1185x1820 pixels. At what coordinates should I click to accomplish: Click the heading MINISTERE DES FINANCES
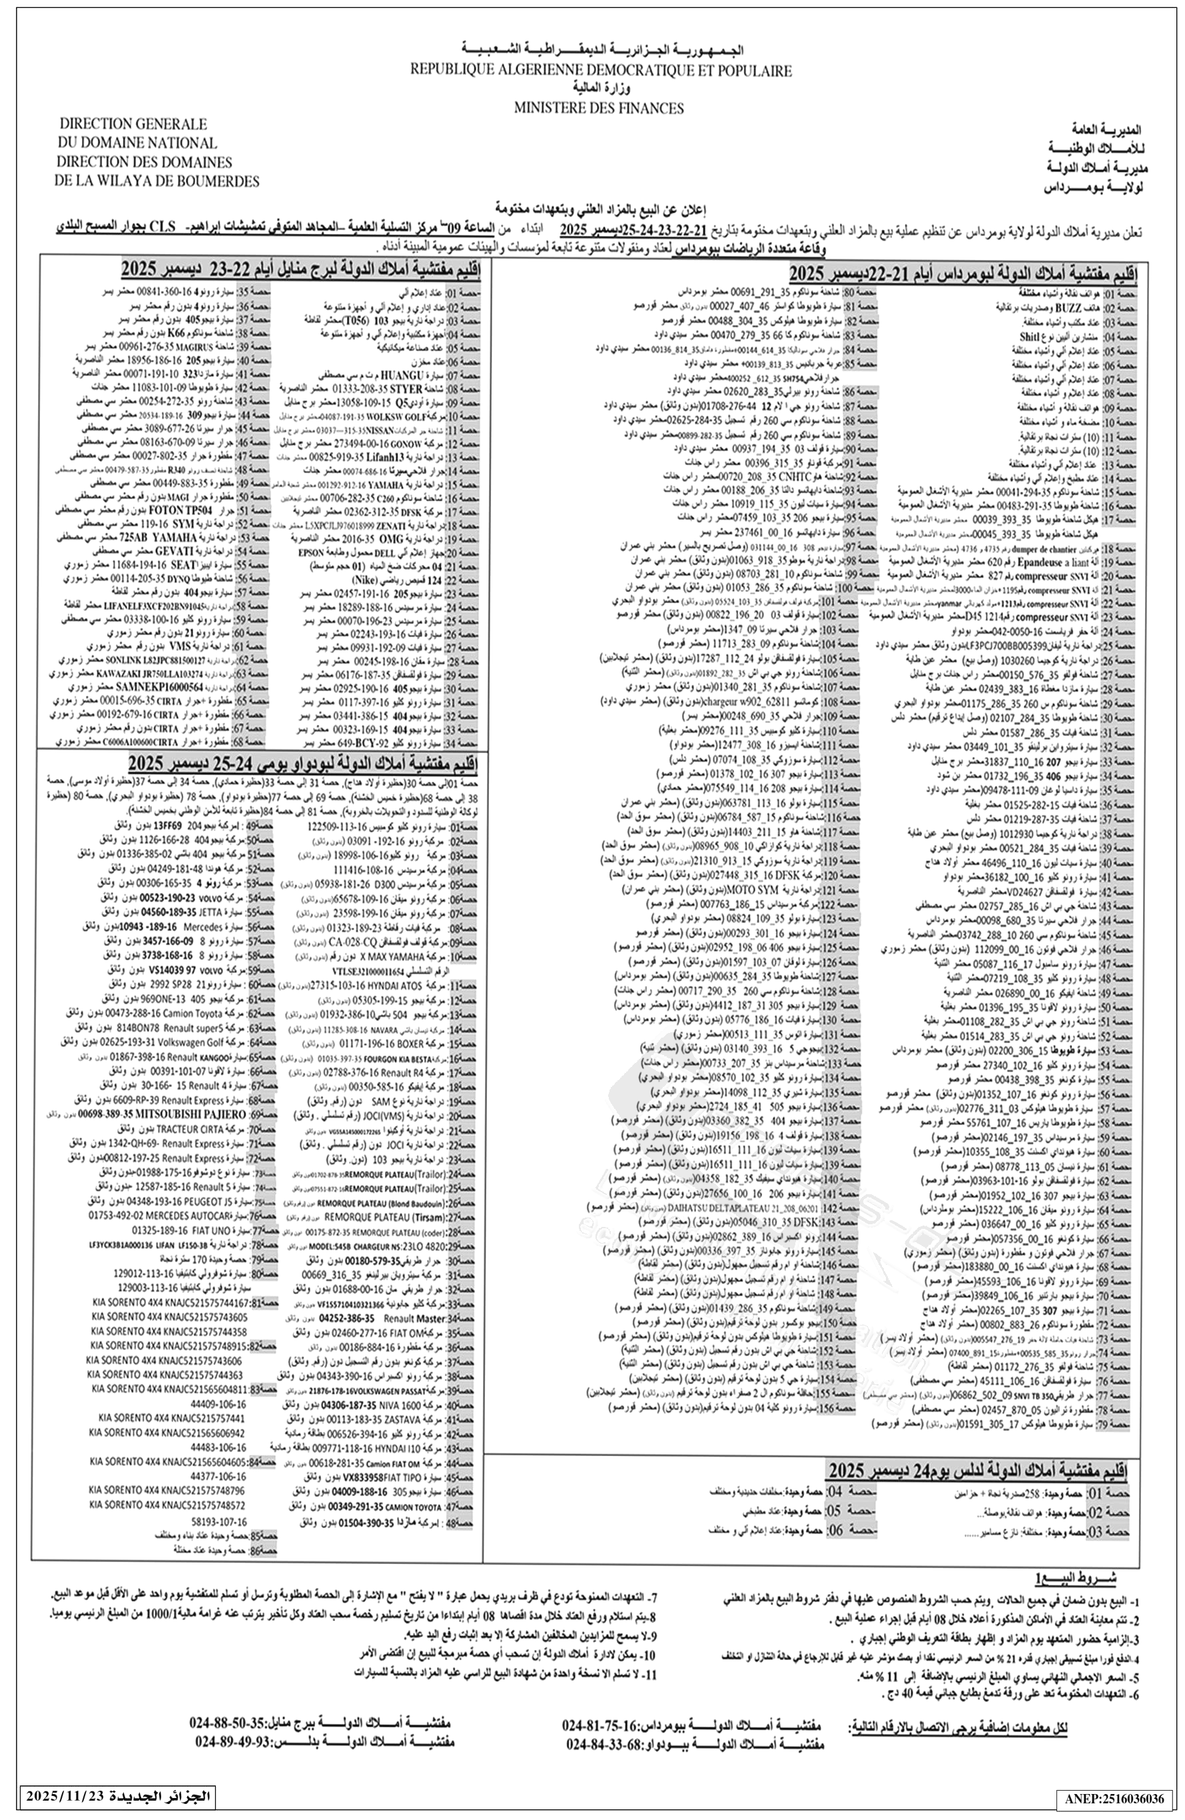(599, 108)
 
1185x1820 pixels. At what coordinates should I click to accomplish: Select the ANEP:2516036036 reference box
(1119, 1795)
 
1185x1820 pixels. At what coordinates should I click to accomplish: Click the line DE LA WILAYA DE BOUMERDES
(157, 182)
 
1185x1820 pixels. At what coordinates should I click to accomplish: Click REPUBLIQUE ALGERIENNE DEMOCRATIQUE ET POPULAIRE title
(601, 71)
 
